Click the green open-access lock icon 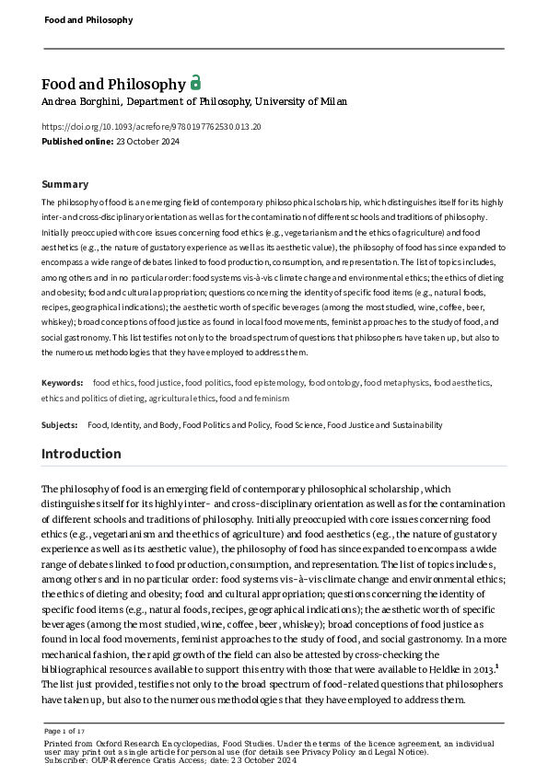[195, 83]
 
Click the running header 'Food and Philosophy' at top [88, 19]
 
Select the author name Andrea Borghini [81, 101]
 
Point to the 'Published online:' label [76, 141]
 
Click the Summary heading [64, 184]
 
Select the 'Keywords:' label [62, 381]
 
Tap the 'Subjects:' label [60, 425]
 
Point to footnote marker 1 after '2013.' [496, 665]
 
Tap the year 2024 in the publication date [169, 141]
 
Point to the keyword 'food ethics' [112, 381]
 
